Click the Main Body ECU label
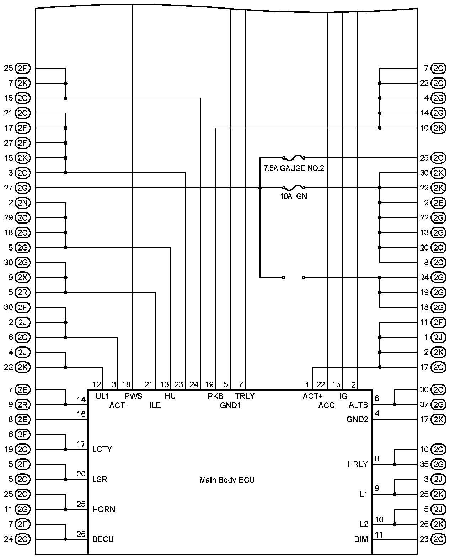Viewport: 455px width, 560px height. point(227,480)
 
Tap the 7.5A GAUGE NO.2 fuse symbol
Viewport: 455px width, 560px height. point(293,157)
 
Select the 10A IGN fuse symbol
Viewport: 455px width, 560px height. point(293,187)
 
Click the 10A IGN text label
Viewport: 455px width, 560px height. point(293,196)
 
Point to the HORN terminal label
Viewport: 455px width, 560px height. point(104,509)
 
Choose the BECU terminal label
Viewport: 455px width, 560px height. point(103,539)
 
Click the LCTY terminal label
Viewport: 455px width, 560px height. point(102,449)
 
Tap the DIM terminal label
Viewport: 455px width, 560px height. point(361,539)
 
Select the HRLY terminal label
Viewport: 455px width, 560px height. point(358,464)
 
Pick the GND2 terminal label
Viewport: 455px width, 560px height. point(357,419)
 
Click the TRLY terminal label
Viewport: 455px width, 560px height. point(245,396)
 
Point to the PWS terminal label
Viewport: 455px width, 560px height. point(133,396)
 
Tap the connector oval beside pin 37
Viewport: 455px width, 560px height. point(438,404)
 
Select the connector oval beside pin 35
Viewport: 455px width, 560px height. point(438,464)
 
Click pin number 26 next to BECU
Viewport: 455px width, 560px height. point(81,534)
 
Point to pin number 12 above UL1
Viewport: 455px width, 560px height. point(97,384)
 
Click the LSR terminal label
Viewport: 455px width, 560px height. point(100,479)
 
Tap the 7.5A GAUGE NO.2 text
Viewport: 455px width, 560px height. point(294,168)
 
